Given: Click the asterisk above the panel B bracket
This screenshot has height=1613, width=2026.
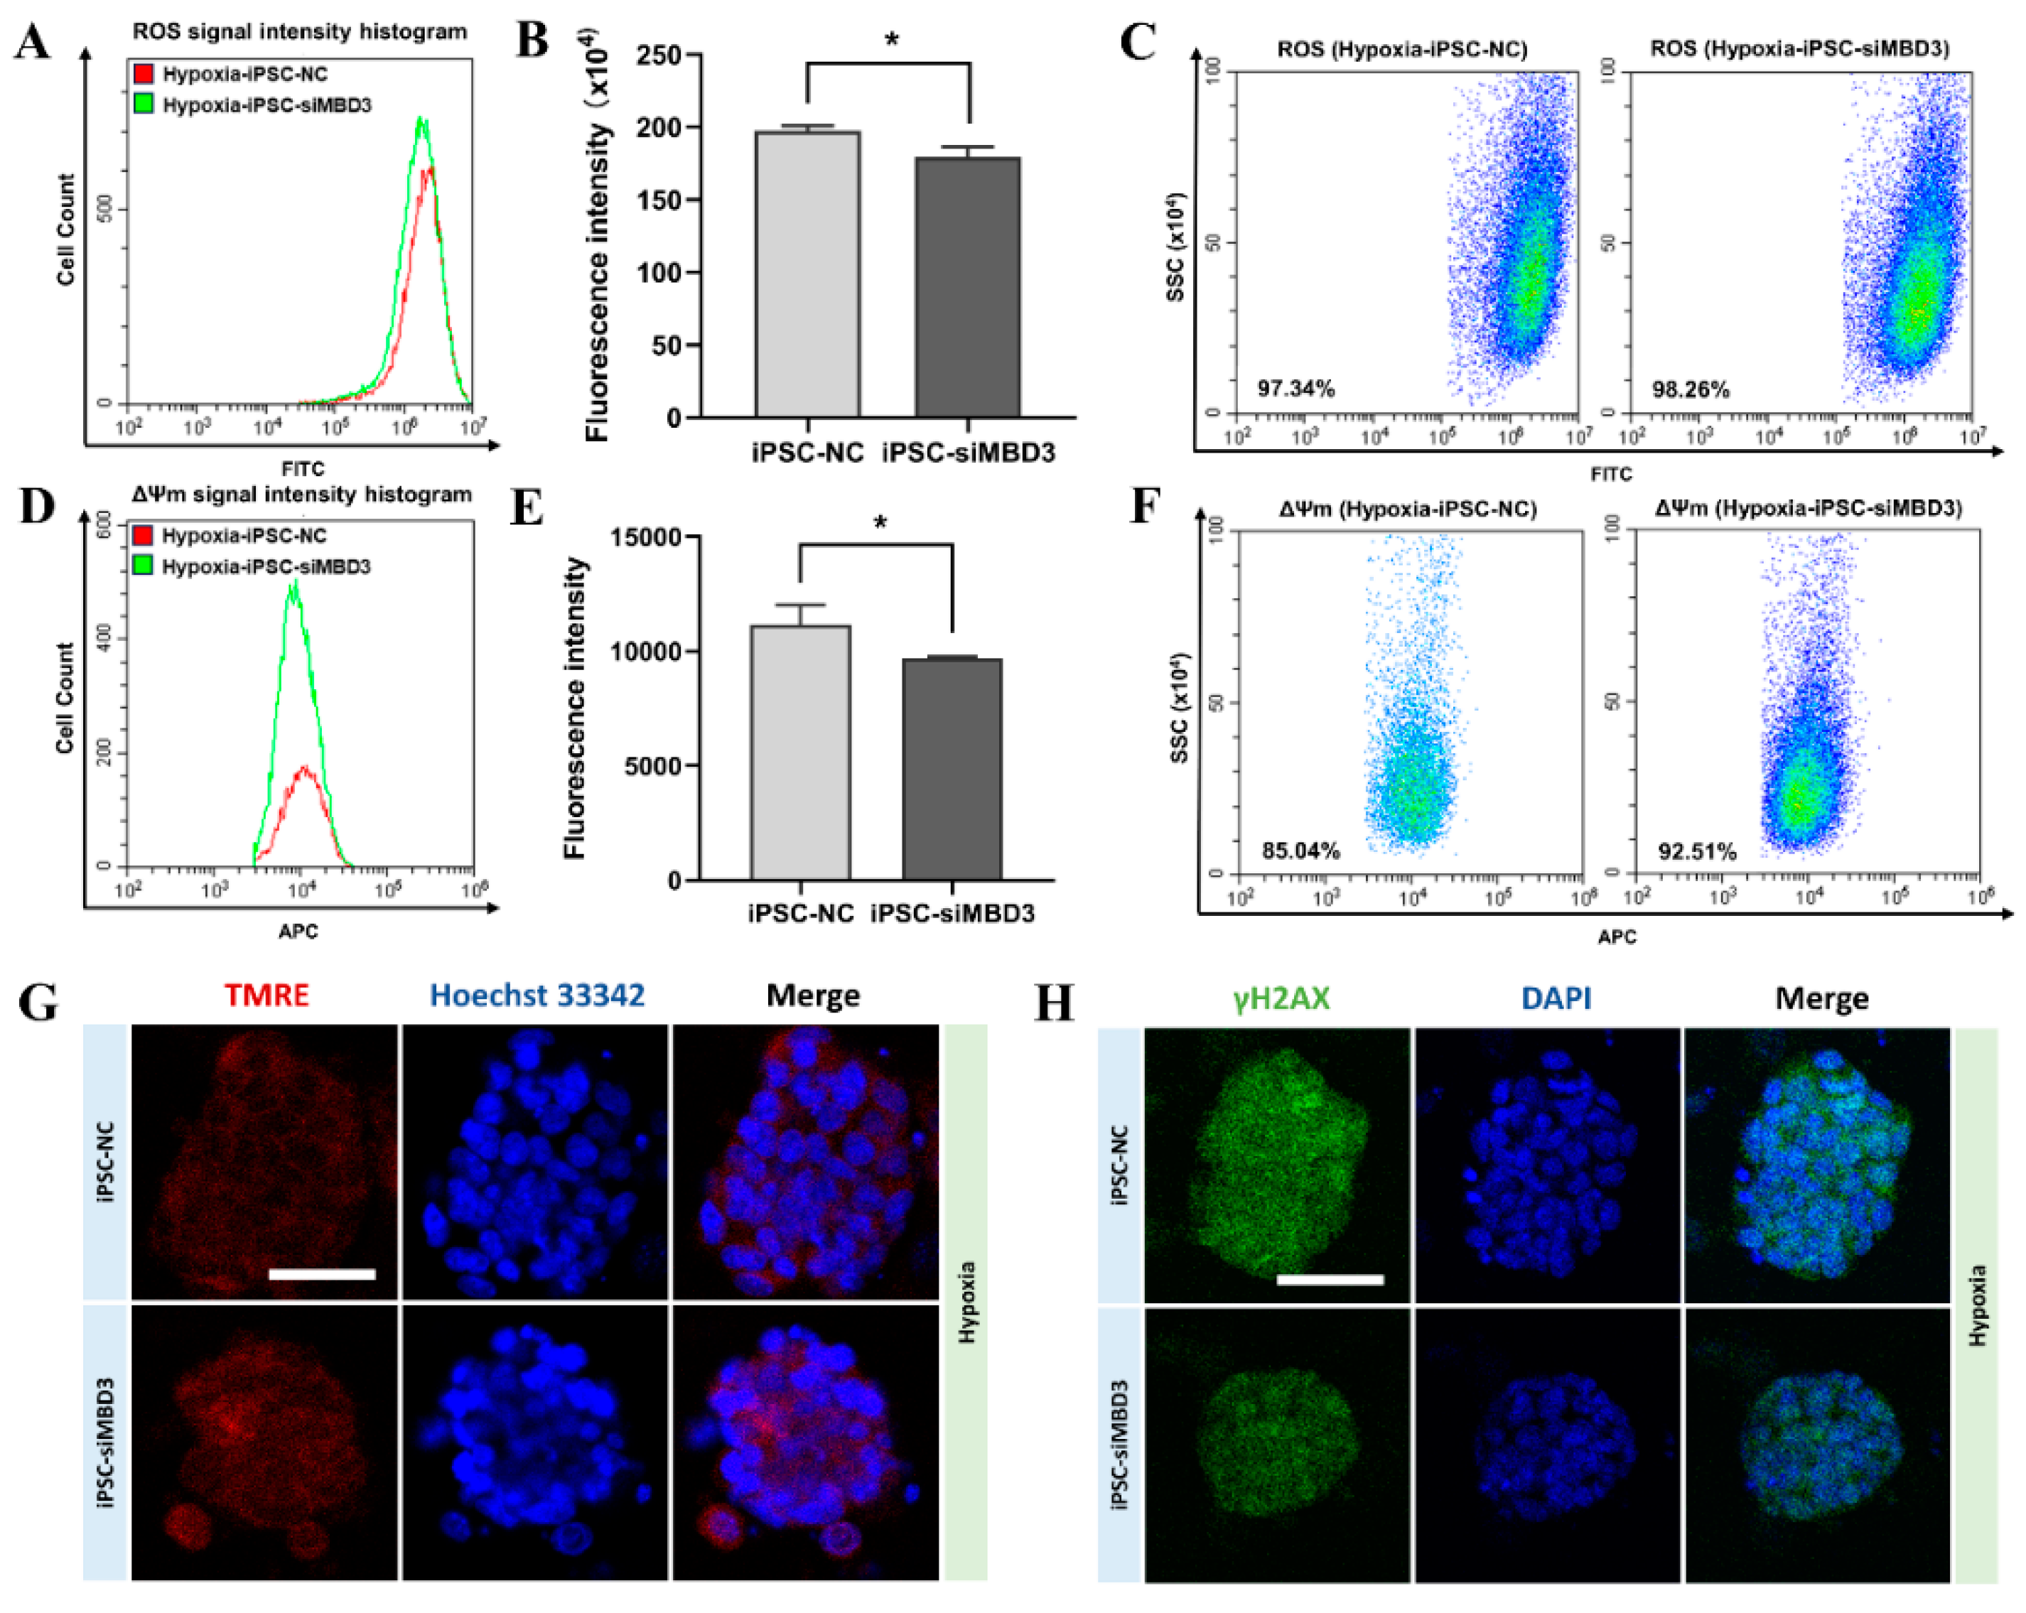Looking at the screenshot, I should [891, 41].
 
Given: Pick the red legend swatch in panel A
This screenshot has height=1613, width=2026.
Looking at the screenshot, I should [143, 73].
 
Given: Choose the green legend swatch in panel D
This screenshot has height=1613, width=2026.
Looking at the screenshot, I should [143, 566].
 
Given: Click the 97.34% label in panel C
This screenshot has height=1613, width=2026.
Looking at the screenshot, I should [1296, 388].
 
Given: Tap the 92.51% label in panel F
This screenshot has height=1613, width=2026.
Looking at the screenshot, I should [1696, 851].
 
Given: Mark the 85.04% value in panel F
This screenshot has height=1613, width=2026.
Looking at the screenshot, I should [1300, 851].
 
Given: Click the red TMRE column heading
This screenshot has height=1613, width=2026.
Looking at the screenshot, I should [267, 995].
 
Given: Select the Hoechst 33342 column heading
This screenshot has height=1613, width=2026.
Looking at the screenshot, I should [537, 995].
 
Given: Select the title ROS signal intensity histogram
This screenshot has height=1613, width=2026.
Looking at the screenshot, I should [299, 31].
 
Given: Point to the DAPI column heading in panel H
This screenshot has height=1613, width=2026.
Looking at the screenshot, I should [1556, 998].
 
